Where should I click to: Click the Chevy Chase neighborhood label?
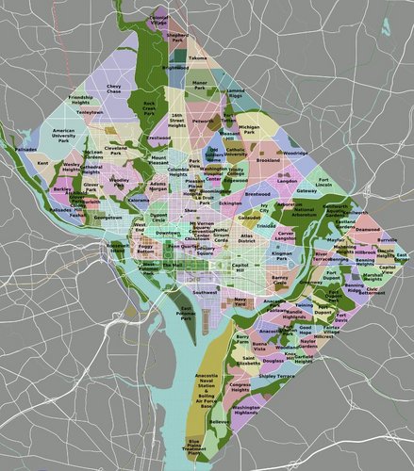114,89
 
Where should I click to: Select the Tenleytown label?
90,111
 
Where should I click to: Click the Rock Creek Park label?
146,107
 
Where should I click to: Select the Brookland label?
267,161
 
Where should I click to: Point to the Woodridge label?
295,152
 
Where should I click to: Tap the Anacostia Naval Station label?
207,382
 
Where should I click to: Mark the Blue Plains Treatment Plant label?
194,446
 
